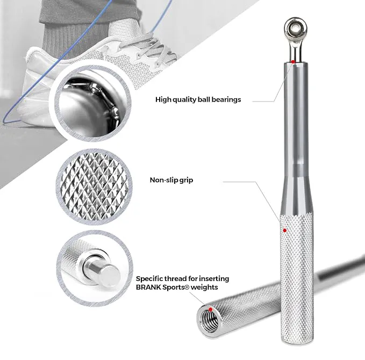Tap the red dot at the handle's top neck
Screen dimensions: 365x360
click(293, 62)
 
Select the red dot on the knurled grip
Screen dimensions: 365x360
click(284, 231)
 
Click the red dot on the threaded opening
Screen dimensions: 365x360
click(210, 309)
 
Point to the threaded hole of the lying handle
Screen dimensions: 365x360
click(209, 319)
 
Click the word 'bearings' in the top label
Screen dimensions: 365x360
click(226, 100)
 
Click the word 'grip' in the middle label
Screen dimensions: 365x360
click(186, 181)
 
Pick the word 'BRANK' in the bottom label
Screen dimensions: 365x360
click(148, 287)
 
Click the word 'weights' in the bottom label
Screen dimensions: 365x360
click(204, 287)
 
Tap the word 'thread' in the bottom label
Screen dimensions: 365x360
click(174, 278)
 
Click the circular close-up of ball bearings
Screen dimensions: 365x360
click(93, 104)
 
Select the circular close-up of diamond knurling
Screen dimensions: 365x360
click(94, 187)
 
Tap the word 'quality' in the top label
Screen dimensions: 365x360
click(184, 100)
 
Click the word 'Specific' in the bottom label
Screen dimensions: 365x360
click(149, 279)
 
